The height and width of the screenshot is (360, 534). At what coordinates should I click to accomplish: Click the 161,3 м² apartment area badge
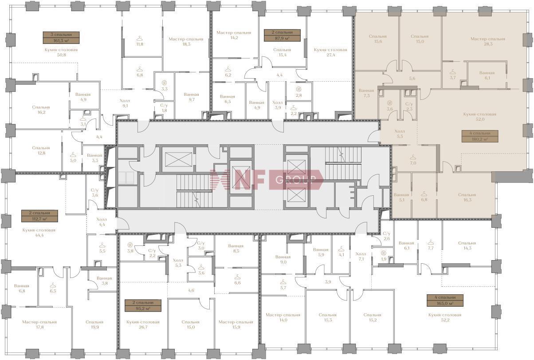[61, 38]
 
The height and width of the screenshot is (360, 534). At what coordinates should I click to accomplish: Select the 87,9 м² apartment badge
[282, 36]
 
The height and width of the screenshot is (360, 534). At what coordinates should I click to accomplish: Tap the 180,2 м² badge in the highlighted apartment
[480, 136]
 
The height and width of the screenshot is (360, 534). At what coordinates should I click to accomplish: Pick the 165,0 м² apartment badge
[445, 301]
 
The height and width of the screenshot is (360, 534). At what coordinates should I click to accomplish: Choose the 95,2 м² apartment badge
[143, 305]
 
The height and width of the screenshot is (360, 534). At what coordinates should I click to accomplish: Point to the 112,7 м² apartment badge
[39, 216]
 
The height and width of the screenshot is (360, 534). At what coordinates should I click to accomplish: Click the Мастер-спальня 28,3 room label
[488, 41]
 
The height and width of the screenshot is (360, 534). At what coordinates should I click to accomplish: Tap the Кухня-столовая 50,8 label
[61, 52]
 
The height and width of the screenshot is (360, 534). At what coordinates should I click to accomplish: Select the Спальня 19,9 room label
[94, 324]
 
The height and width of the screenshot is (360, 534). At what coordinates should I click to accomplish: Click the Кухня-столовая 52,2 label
[445, 317]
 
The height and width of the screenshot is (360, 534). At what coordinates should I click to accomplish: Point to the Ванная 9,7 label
[192, 97]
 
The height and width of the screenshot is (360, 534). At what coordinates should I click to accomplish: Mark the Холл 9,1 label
[125, 103]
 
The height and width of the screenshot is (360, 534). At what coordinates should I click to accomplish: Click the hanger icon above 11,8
[140, 38]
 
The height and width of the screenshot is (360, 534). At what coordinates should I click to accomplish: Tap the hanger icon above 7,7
[431, 243]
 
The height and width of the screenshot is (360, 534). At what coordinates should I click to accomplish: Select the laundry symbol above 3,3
[164, 83]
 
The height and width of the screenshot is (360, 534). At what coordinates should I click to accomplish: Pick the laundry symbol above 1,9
[383, 253]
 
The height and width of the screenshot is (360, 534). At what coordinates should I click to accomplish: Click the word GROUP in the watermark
[295, 180]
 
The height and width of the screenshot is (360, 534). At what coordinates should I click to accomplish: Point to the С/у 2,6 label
[386, 236]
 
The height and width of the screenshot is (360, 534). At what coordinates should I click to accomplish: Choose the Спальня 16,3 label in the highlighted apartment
[467, 197]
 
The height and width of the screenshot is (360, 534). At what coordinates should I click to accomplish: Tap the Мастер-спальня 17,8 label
[39, 324]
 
